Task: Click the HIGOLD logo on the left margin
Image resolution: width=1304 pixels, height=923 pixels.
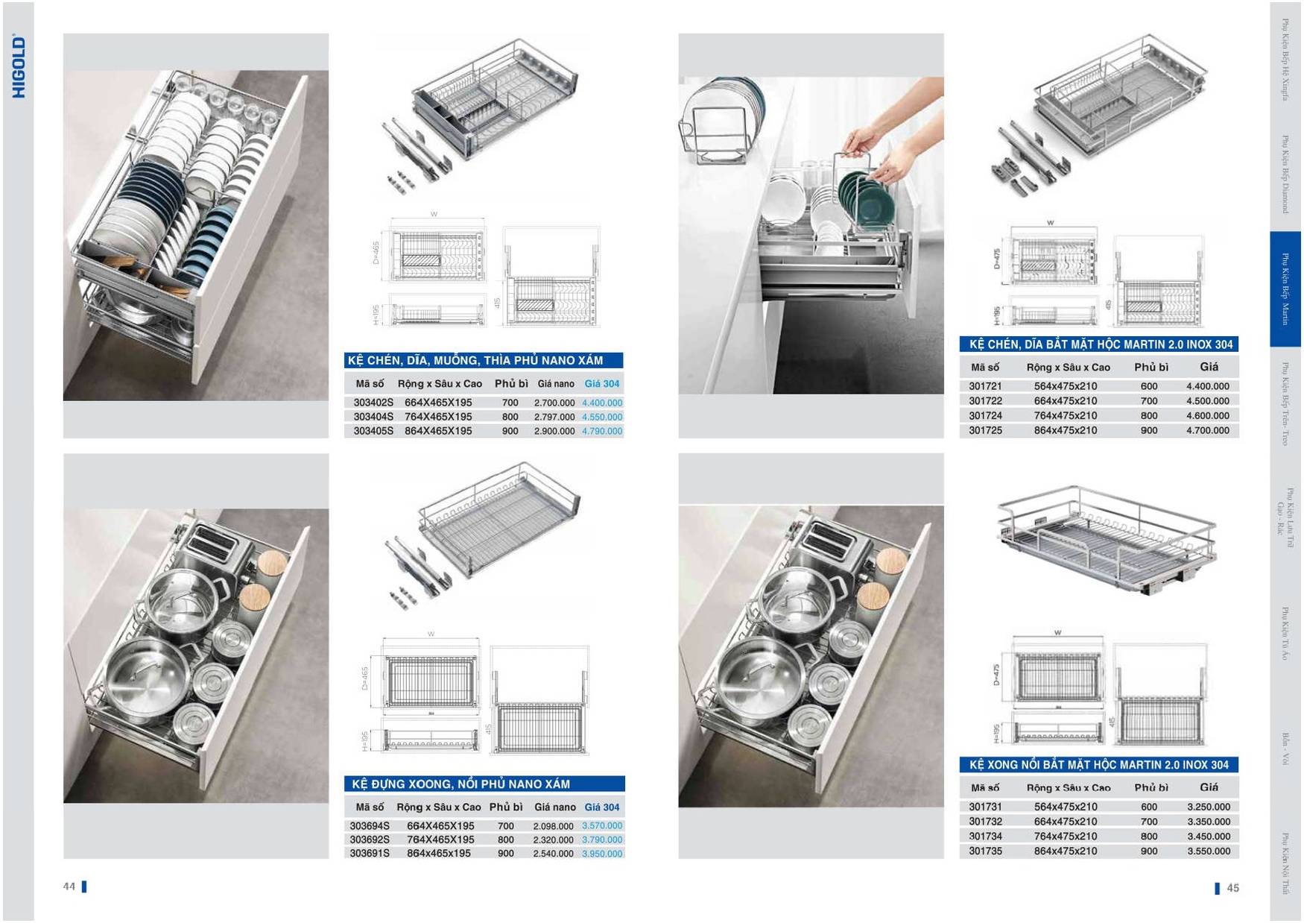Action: pos(19,66)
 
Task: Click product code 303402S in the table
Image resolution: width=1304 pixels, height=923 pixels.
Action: pos(373,403)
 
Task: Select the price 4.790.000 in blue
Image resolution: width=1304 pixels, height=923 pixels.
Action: pos(602,431)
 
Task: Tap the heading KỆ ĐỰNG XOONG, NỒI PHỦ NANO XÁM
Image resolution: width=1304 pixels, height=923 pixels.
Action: pos(460,784)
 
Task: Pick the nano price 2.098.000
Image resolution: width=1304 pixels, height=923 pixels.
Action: pos(553,826)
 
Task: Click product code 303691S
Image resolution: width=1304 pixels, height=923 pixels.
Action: pos(370,853)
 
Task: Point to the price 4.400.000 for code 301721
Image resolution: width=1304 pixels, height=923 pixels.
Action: pos(1207,386)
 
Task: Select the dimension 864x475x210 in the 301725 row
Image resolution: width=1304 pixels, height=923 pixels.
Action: pos(1065,430)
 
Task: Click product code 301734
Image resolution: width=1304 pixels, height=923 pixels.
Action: pos(985,836)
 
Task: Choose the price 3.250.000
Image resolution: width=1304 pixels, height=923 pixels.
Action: pos(1208,807)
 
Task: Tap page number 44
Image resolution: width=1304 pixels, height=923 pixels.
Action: pos(69,886)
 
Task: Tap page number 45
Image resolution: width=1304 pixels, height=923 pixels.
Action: pos(1232,888)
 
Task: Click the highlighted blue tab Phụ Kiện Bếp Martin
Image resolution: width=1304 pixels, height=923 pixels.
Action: pos(1285,289)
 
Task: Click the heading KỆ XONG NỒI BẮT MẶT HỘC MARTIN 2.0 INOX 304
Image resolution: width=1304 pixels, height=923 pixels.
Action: pos(1098,765)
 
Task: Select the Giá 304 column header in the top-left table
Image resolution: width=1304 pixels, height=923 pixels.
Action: pos(601,384)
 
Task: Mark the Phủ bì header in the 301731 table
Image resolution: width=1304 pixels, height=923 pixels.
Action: pos(1151,787)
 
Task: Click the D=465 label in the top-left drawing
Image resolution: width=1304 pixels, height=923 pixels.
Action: pos(376,252)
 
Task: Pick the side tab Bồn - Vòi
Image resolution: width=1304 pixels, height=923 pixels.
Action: pos(1285,749)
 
